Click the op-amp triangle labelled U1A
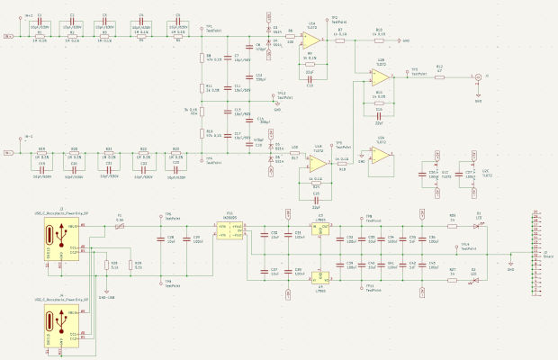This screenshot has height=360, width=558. (310, 41)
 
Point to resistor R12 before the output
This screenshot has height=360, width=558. (439, 77)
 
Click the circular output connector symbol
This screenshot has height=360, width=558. (477, 77)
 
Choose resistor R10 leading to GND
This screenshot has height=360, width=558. (378, 40)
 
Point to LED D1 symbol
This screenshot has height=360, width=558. (478, 227)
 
